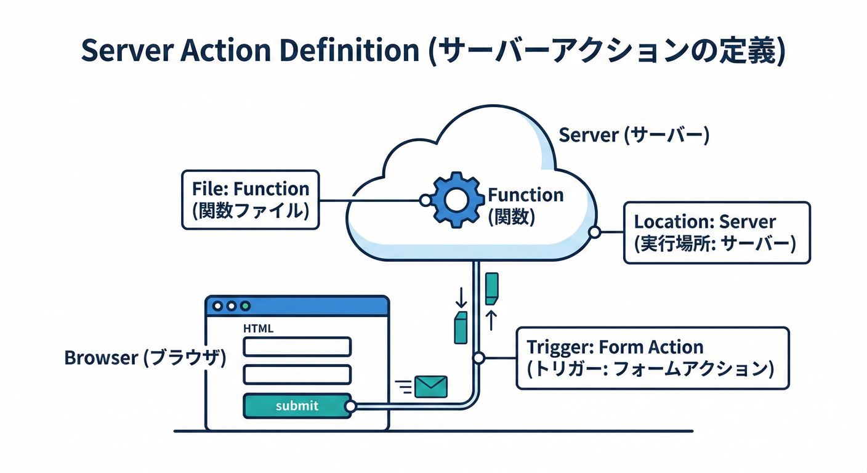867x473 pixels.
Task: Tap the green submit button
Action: pos(297,406)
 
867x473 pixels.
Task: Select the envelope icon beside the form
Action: pos(430,386)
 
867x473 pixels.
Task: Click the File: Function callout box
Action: pos(251,200)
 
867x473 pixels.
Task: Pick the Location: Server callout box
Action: pos(717,232)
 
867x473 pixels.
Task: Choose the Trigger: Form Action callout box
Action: pos(652,358)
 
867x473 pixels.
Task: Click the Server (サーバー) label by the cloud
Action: pos(634,135)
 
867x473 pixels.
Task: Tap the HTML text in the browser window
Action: pos(259,329)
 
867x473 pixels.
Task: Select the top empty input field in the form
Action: pos(297,347)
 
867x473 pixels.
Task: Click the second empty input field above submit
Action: pos(297,374)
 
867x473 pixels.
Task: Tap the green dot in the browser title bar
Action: pos(246,305)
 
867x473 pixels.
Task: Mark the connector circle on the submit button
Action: pos(350,406)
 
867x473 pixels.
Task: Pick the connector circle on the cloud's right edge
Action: pos(594,232)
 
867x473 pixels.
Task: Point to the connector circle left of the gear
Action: pos(424,200)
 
